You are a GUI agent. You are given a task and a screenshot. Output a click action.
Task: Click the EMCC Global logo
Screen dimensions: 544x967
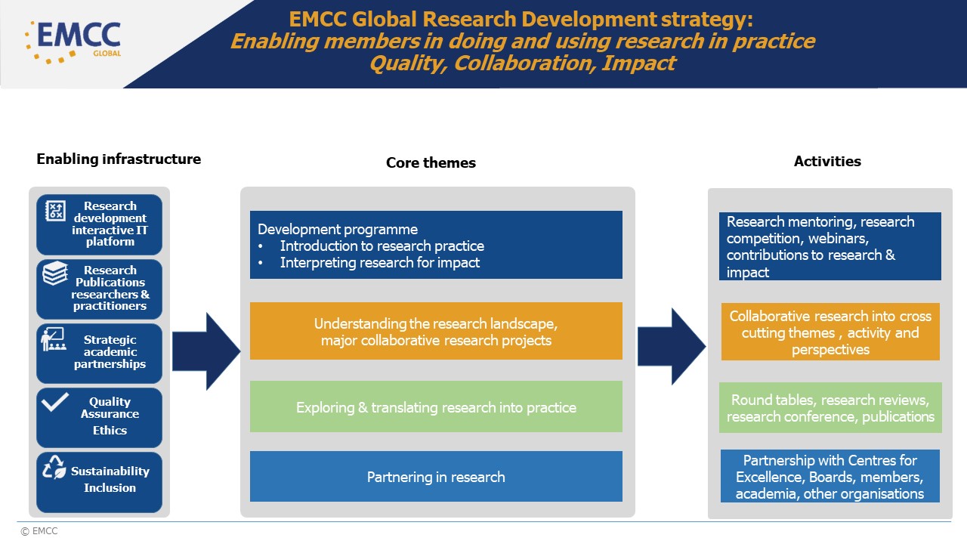73,41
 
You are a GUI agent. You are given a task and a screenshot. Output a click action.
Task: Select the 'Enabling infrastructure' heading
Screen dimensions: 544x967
119,159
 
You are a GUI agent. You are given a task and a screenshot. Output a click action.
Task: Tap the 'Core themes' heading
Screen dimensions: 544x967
431,162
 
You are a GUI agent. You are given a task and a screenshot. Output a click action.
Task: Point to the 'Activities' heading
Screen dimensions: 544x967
827,161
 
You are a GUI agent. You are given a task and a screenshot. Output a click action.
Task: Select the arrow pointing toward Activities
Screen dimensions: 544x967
671,346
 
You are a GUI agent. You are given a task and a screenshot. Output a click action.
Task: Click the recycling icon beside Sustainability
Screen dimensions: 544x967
54,468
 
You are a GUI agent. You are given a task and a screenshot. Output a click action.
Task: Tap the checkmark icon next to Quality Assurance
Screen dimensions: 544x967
54,402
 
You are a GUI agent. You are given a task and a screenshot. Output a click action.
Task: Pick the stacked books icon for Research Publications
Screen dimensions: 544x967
55,274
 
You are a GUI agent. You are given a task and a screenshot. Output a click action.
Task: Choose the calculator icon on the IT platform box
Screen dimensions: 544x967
55,210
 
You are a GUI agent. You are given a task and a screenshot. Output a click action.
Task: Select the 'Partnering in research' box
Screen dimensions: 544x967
436,477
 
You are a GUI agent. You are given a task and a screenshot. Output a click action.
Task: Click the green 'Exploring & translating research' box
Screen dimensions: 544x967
436,407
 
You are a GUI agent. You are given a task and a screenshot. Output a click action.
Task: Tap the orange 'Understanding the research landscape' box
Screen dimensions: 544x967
436,332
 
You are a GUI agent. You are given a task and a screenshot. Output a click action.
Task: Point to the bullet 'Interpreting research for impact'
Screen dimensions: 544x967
379,263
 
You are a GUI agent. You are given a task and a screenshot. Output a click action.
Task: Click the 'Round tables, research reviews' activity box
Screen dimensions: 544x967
830,408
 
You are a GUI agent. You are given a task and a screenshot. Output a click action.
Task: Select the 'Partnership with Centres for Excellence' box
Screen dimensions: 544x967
830,477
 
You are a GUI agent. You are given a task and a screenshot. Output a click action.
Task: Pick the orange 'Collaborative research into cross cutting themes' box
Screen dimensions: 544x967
830,332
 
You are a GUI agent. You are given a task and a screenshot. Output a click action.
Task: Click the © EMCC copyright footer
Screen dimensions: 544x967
39,531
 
